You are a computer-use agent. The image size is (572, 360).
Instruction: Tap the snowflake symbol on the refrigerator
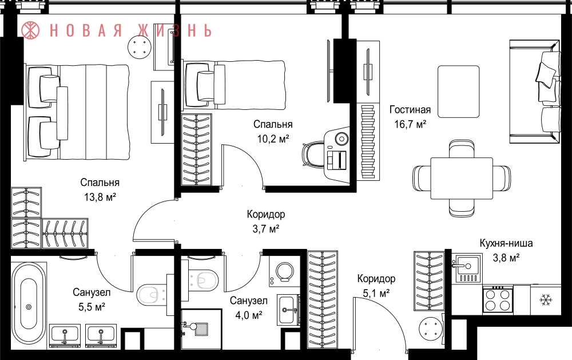click(x=546, y=300)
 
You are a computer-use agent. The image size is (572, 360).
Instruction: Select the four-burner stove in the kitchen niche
click(x=498, y=300)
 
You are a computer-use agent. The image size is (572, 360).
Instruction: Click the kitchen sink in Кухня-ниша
click(x=467, y=269)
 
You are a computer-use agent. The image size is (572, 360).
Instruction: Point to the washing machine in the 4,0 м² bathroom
click(x=284, y=271)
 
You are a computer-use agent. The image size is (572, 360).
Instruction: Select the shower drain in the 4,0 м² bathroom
click(x=201, y=329)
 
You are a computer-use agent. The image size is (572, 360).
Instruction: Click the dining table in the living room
click(x=462, y=178)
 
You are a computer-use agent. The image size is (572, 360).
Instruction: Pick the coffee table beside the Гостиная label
click(x=459, y=92)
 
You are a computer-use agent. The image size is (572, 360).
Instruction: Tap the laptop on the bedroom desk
click(x=337, y=160)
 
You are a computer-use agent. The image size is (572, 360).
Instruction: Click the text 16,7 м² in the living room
click(x=410, y=124)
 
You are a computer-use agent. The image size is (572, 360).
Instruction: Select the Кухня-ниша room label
click(x=506, y=243)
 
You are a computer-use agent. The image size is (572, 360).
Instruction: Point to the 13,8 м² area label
click(x=100, y=197)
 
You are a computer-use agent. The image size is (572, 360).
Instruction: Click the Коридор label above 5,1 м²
click(x=376, y=279)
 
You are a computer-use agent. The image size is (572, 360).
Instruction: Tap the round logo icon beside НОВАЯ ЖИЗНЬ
click(x=30, y=30)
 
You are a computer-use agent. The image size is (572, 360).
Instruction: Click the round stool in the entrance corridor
click(x=431, y=329)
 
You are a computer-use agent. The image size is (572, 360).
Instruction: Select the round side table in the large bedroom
click(x=140, y=47)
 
